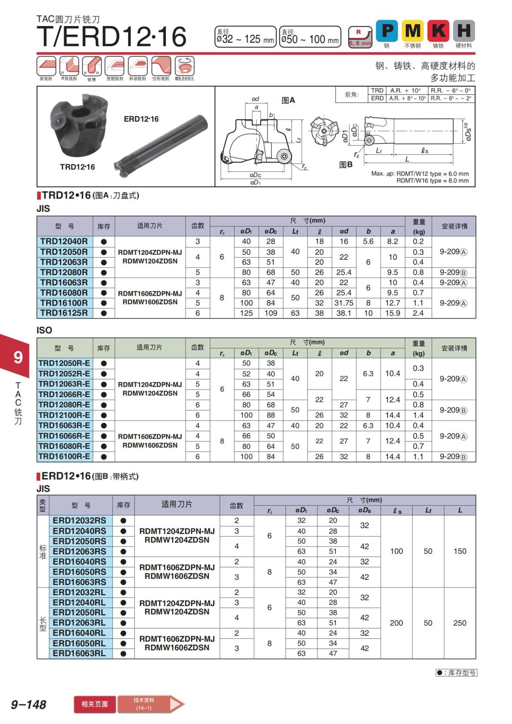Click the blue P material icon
387,31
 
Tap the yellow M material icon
413,31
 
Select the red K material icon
438,31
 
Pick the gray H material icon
464,31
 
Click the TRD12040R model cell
64,241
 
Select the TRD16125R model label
64,313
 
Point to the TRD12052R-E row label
64,374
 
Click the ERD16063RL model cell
79,654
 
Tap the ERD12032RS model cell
79,520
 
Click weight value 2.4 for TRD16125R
418,313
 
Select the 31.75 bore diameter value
343,303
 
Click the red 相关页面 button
95,704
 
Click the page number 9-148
29,704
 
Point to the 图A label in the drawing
288,100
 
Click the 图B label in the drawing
346,165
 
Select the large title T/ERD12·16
112,36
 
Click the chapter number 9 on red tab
18,357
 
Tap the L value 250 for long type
460,623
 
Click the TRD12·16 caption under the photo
77,167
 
